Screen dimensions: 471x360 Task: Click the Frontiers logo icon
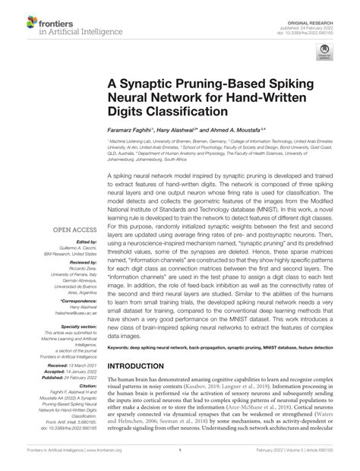tap(15, 16)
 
